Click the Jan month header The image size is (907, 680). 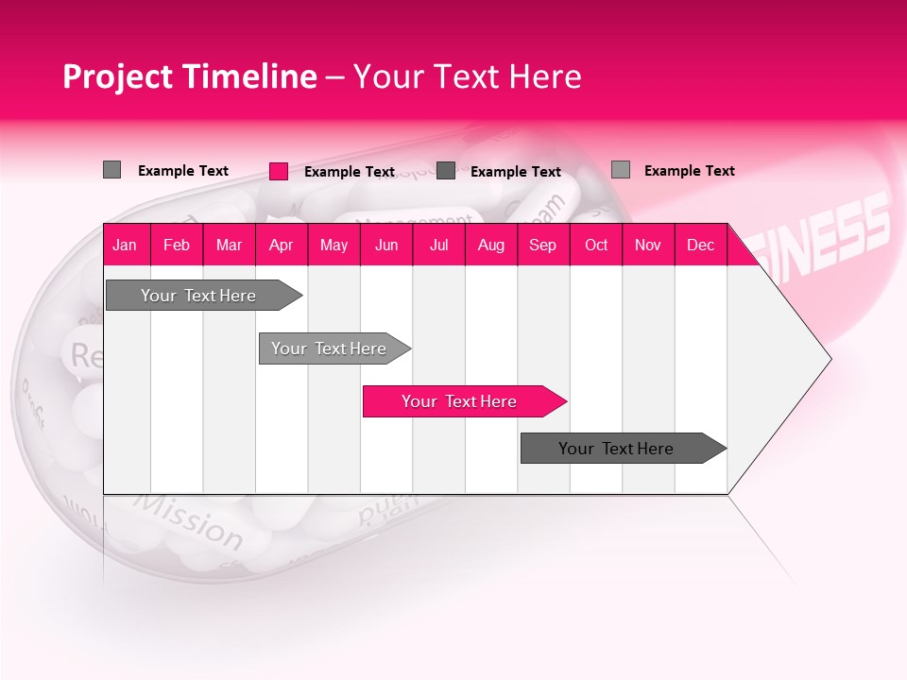coord(125,245)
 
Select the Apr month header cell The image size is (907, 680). coord(281,245)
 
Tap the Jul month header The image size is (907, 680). coord(438,245)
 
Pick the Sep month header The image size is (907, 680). coord(542,245)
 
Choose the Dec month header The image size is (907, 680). coord(700,245)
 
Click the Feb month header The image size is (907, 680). coord(177,245)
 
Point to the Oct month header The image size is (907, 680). coord(596,245)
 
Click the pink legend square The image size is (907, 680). coord(279,171)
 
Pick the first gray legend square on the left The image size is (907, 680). coord(111,170)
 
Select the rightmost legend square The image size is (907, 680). coord(621,170)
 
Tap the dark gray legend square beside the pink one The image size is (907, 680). coord(446,171)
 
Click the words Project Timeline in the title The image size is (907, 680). coord(189,76)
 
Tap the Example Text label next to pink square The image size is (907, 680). coord(350,172)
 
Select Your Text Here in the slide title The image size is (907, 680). coord(467,76)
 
